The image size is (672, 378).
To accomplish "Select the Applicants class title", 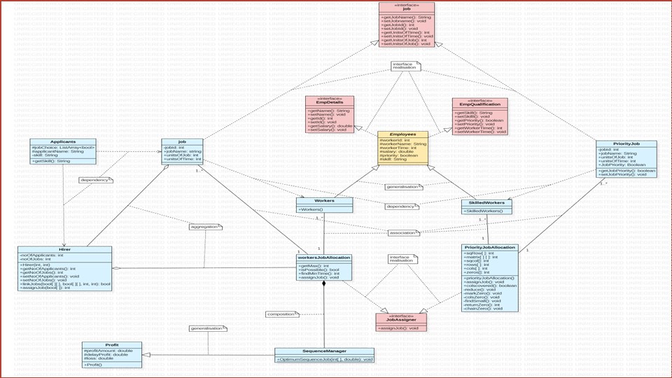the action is [x=63, y=141].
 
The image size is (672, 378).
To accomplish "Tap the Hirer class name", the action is [x=64, y=249].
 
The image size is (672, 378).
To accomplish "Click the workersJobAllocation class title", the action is [x=323, y=258].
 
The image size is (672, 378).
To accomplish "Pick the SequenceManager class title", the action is [x=324, y=351].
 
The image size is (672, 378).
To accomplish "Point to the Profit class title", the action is [x=111, y=344].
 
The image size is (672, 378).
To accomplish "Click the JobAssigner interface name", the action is [x=401, y=319].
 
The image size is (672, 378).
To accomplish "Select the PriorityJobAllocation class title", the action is [x=490, y=247].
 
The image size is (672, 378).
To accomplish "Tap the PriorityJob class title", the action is [x=626, y=143].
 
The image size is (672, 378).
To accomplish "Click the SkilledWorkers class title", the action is [x=486, y=203].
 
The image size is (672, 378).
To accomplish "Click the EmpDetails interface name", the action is [x=329, y=102].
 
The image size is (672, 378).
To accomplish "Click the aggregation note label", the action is [x=204, y=227].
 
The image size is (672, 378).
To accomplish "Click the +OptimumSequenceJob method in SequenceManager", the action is [x=324, y=360].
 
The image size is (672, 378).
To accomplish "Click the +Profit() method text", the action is [x=94, y=365].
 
